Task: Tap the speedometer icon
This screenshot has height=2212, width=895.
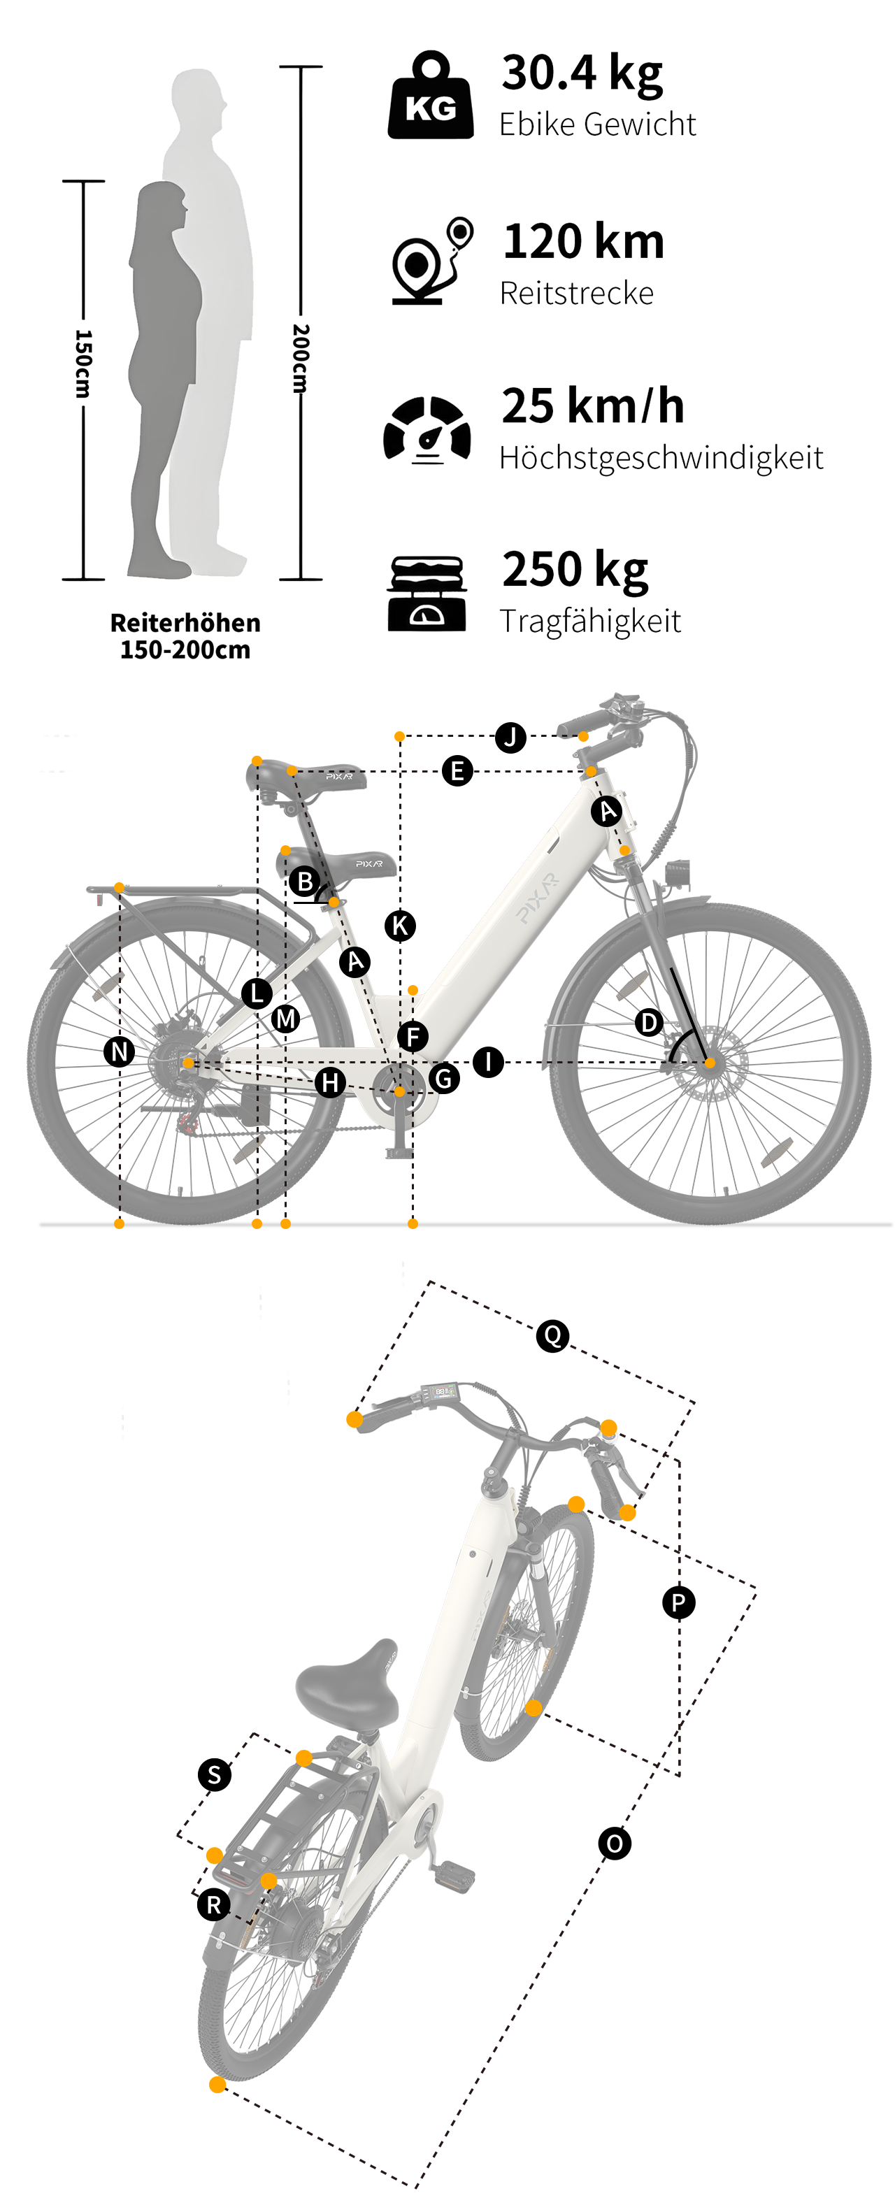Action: pyautogui.click(x=427, y=429)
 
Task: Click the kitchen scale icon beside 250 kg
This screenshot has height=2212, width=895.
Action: pyautogui.click(x=427, y=593)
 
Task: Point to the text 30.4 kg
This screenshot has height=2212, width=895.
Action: pyautogui.click(x=582, y=72)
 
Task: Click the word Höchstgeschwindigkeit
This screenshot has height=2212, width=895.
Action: pyautogui.click(x=661, y=458)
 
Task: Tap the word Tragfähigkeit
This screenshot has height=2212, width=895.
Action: pyautogui.click(x=590, y=620)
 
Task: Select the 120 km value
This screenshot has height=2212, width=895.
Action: pyautogui.click(x=583, y=241)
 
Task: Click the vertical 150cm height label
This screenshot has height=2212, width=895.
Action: pyautogui.click(x=83, y=364)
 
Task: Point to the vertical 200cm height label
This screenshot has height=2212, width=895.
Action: pyautogui.click(x=301, y=358)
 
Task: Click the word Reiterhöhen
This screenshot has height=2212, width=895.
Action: pyautogui.click(x=185, y=622)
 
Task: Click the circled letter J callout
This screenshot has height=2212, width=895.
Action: pyautogui.click(x=511, y=737)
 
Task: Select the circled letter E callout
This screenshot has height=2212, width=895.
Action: pyautogui.click(x=457, y=770)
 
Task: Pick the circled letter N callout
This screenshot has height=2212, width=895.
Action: pyautogui.click(x=120, y=1051)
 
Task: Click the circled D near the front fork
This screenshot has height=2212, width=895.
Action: pyautogui.click(x=650, y=1022)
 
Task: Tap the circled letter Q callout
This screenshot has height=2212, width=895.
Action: pyautogui.click(x=552, y=1335)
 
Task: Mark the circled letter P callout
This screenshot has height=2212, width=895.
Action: pyautogui.click(x=678, y=1602)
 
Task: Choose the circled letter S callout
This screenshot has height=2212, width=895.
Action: pyautogui.click(x=215, y=1774)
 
